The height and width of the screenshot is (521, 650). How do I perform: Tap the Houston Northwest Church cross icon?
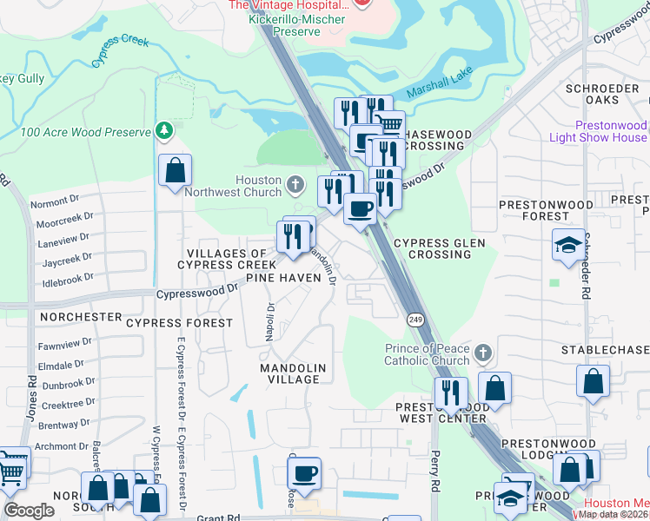point(295,184)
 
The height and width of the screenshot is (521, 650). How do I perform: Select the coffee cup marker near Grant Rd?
point(304,474)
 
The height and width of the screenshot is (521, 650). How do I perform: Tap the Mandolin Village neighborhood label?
point(293,374)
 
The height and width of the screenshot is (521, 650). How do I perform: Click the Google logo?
point(29,511)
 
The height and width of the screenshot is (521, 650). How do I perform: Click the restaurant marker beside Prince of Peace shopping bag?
point(451,392)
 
